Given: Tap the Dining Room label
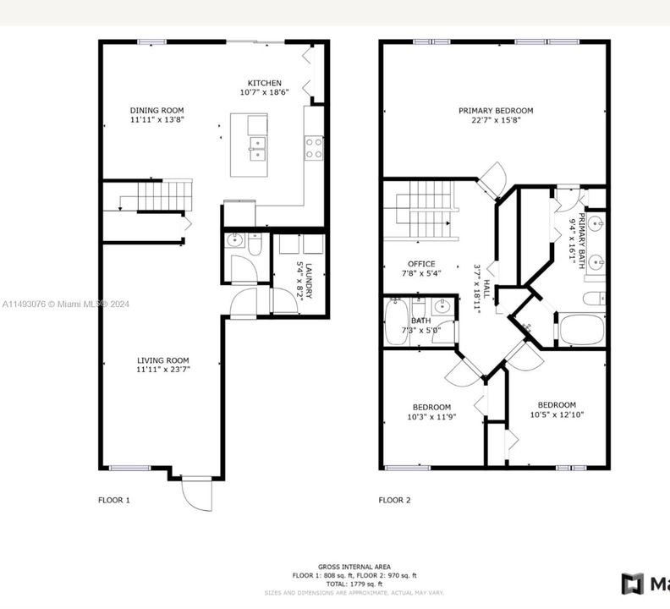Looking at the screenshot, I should (157, 110).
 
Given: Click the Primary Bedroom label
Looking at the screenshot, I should (496, 110).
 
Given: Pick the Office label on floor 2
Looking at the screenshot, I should (421, 264).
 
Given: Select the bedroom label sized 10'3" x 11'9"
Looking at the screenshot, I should (431, 407).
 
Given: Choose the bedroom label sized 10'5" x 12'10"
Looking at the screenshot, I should (557, 404).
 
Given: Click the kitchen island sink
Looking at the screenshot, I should (257, 149).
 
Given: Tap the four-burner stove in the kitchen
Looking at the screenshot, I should (314, 148).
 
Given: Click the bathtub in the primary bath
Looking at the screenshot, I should (582, 330).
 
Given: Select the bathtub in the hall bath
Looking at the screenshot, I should (395, 323).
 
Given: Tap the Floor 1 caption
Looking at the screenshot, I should (114, 500).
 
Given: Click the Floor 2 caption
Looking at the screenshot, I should (394, 500).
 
